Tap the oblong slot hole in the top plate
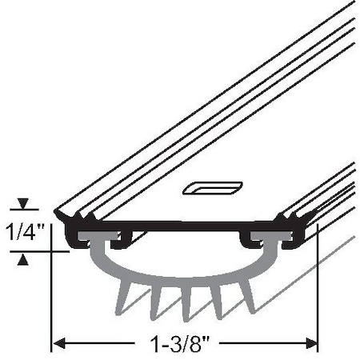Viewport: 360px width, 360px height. [212, 188]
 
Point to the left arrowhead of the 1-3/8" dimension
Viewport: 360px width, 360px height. [58, 345]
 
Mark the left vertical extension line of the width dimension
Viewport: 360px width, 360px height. [53, 304]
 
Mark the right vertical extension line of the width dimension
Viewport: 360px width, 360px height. [318, 304]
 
